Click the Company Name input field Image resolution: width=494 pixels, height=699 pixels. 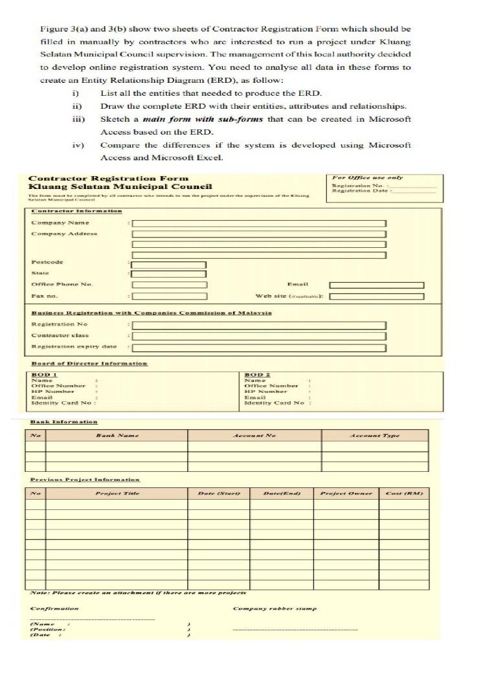coord(259,223)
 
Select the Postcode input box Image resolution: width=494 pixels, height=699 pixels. coord(169,265)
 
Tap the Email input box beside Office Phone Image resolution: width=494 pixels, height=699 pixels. coord(376,285)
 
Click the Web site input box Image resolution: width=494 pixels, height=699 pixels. coord(376,296)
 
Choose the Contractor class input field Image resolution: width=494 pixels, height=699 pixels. coord(259,336)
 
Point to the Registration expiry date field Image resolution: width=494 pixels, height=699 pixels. coord(259,348)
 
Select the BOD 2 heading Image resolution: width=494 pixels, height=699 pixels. coord(257,375)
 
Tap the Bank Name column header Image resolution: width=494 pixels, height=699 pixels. coord(117,436)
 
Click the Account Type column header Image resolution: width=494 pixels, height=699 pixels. coord(374,436)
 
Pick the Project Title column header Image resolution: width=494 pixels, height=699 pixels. coord(117,494)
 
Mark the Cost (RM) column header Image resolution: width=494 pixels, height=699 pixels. coord(404,494)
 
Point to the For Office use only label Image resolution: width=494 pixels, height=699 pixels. coord(367,177)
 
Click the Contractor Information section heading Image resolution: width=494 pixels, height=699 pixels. coord(76,211)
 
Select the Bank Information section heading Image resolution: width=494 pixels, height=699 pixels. coord(64,422)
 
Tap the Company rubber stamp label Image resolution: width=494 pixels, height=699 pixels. coord(275,608)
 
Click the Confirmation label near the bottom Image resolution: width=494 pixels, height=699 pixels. coord(54,608)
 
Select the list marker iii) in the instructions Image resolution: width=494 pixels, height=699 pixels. coord(76,119)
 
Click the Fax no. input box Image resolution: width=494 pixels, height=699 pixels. coord(169,296)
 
